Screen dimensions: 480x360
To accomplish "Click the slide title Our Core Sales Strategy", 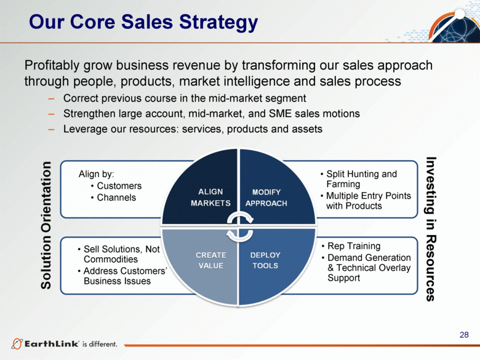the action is tap(143, 22).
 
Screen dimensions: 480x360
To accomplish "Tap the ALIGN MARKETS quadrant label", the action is tap(210, 198).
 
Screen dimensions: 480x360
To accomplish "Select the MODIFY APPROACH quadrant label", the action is tap(266, 198).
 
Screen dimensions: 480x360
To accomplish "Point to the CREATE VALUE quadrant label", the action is tap(211, 260).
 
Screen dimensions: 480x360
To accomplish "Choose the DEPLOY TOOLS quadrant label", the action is tap(265, 260).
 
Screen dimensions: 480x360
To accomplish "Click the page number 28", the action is tap(464, 335).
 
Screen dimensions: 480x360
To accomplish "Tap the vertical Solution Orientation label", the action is tap(46, 225).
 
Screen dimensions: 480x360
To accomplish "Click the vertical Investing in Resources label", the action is tap(431, 229).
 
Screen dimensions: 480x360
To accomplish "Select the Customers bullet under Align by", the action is tap(116, 186).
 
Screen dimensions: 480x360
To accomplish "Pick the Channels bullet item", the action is tap(113, 198).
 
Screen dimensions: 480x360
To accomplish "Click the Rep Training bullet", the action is tap(351, 246).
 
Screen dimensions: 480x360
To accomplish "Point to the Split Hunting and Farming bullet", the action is tap(359, 179).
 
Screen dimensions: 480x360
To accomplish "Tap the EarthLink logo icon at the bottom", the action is tap(17, 344).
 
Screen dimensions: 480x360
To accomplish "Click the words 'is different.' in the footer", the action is tap(100, 344).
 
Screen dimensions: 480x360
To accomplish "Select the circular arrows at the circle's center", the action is tap(240, 226).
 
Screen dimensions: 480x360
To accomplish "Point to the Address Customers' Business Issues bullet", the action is tap(122, 276).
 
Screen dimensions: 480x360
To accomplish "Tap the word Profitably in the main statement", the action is tap(52, 66).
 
